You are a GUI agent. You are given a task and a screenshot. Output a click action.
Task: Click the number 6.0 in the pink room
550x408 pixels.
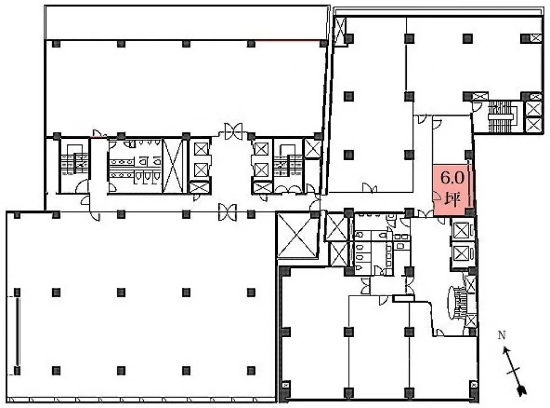452,178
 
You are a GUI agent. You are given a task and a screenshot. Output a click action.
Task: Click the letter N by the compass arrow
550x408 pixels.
502,336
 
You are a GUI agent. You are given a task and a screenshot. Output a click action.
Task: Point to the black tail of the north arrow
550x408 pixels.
522,390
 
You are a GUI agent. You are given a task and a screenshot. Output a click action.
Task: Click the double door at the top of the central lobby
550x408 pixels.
233,130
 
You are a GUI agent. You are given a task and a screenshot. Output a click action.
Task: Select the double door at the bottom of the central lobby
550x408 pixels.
227,212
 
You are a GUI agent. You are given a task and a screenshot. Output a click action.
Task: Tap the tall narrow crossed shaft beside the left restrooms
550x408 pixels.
173,166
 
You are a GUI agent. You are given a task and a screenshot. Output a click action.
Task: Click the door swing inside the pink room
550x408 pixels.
437,196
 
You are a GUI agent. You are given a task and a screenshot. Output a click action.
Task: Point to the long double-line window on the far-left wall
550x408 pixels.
17,332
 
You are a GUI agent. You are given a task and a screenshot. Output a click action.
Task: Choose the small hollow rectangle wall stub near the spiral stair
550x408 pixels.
404,298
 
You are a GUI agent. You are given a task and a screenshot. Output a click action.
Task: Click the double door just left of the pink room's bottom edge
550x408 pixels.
425,213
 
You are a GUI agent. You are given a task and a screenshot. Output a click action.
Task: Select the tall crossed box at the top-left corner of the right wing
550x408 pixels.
340,31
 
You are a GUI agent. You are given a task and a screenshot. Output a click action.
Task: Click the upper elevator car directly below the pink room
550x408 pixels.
462,230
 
